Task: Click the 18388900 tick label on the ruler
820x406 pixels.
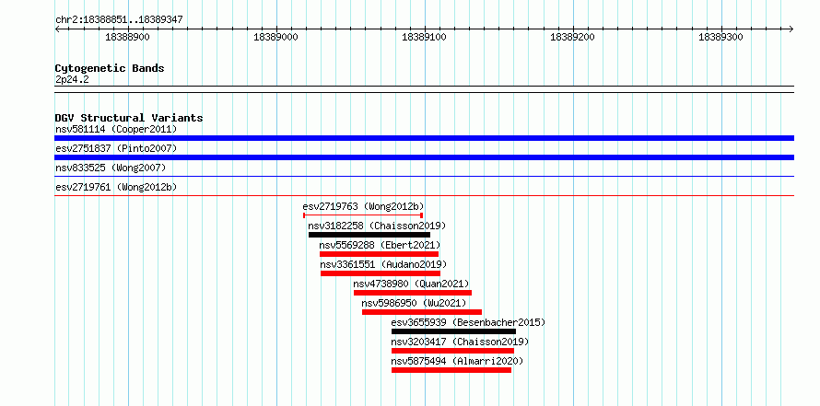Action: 127,37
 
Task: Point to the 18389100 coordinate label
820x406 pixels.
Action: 424,37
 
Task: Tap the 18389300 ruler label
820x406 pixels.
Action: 720,37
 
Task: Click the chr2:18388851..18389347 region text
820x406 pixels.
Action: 119,20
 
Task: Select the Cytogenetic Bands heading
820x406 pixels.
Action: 110,68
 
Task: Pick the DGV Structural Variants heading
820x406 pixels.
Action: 129,118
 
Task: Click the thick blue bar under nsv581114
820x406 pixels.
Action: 424,138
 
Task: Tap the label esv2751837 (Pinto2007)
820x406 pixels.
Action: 116,148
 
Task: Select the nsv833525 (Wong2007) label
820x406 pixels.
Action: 111,168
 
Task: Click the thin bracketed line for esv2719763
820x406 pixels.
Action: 363,215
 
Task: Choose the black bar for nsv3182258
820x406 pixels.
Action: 369,235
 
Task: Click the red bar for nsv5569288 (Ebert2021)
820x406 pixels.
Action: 380,254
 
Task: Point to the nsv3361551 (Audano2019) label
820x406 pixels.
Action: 383,264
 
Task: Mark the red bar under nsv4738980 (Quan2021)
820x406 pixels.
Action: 413,293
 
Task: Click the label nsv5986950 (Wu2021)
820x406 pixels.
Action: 414,303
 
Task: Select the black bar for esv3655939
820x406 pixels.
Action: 453,331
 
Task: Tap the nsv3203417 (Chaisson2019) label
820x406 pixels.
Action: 460,342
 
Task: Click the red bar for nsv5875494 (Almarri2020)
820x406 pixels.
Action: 451,370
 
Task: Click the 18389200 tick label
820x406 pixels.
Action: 573,37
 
